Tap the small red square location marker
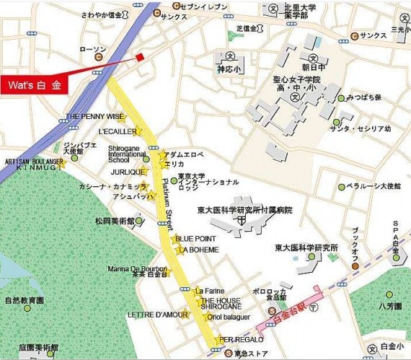point(140,58)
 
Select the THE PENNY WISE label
point(94,116)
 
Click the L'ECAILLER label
point(117,132)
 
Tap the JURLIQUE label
point(125,172)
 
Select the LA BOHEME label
point(198,250)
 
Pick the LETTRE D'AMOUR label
point(156,314)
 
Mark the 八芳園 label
point(389,306)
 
